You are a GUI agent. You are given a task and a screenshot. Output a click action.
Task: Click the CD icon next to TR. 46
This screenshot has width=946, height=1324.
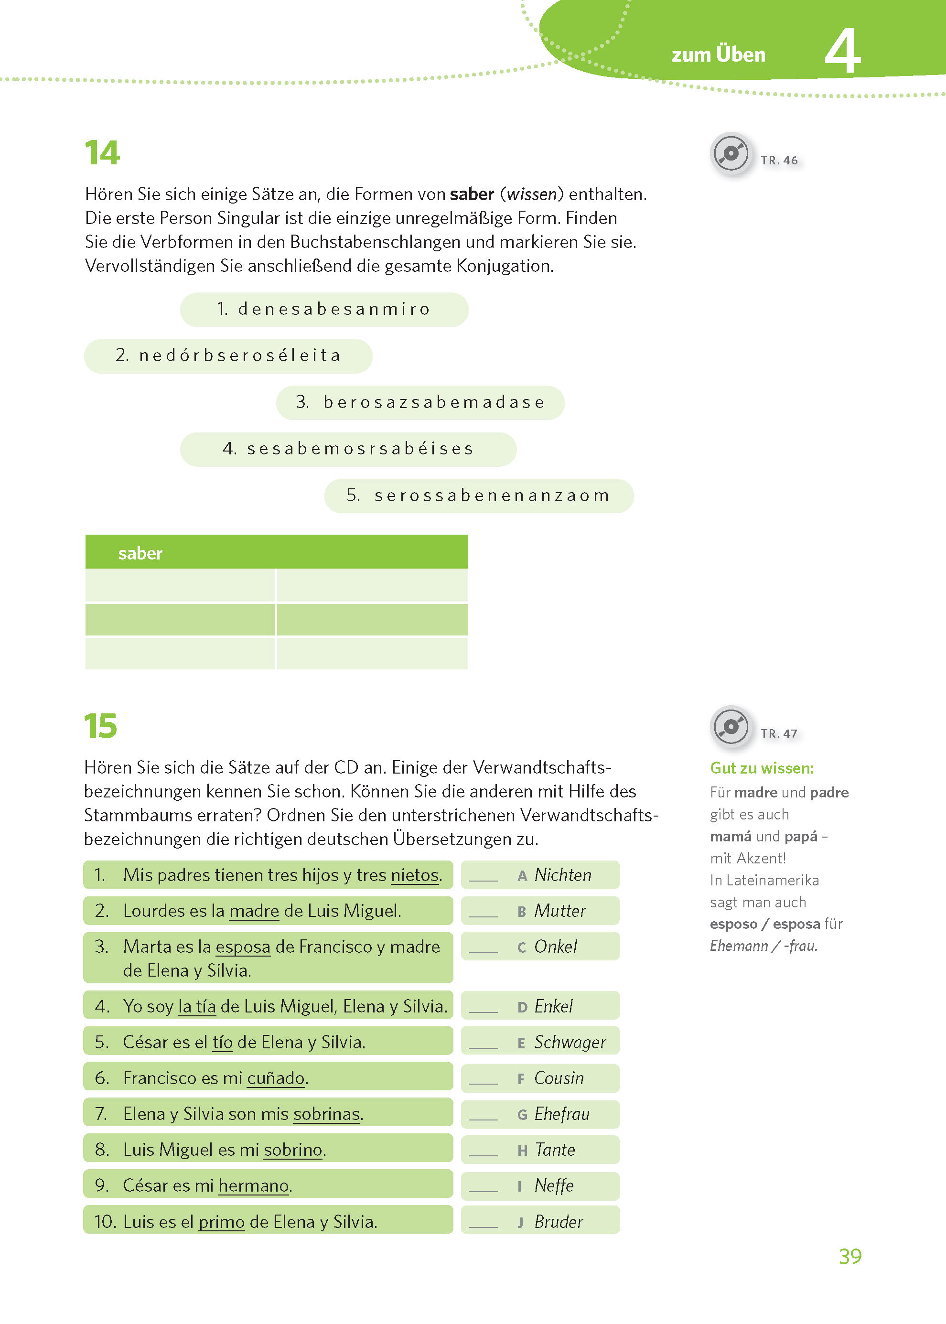pos(731,154)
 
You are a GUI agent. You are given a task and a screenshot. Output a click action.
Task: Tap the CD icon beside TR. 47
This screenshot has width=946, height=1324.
pos(731,726)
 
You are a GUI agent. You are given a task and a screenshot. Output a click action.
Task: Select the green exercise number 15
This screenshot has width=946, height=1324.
pos(100,726)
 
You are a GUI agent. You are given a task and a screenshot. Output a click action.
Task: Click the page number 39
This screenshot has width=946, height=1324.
pos(850,1257)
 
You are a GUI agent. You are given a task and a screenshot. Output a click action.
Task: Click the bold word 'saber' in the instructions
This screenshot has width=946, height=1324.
pos(472,194)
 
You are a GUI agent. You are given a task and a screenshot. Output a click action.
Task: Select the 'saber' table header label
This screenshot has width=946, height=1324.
pos(140,553)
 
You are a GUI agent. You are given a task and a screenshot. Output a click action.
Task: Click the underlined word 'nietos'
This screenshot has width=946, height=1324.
pos(415,875)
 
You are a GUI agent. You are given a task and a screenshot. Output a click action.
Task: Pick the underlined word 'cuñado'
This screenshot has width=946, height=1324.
pos(276,1078)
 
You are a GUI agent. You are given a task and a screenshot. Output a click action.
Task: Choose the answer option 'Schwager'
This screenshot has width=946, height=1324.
pos(570,1042)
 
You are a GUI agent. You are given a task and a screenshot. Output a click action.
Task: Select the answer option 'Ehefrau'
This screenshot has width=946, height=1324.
pos(561,1114)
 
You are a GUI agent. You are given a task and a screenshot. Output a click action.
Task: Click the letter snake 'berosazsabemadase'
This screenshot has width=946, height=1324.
pos(434,402)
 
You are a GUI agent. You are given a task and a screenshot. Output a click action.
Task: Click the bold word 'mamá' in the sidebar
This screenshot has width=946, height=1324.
pos(731,837)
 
